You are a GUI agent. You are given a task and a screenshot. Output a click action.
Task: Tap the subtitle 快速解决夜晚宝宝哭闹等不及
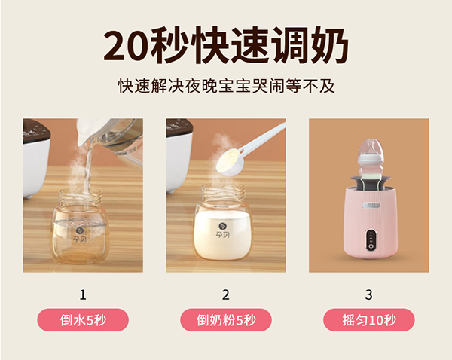(226, 86)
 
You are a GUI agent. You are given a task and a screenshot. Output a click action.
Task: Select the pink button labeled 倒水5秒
(83, 320)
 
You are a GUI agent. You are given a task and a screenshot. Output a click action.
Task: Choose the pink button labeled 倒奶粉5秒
(226, 320)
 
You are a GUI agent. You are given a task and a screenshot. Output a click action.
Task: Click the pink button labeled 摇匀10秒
(368, 320)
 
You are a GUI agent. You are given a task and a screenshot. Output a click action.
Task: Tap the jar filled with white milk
(222, 230)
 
